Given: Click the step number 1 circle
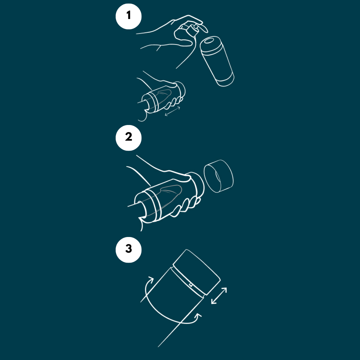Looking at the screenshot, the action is pos(129,16).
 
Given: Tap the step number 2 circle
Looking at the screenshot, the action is pos(129,138).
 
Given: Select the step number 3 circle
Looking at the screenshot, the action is pos(129,250).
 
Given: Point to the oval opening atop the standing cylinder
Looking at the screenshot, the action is pos(209,41).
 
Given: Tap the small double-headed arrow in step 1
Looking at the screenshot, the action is pos(172,111).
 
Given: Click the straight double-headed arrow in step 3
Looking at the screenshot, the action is pos(219,296).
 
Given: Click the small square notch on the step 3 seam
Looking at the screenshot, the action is pos(191,285).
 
